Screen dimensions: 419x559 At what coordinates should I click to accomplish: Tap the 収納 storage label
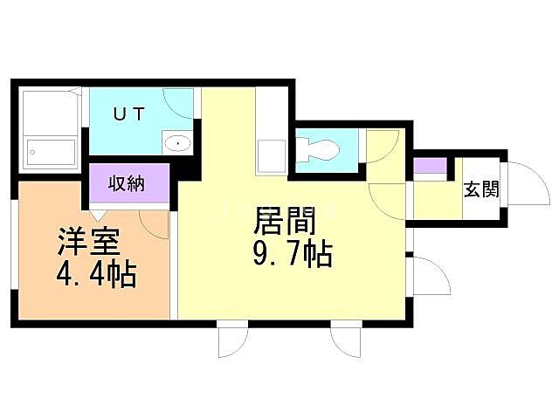pos(127,183)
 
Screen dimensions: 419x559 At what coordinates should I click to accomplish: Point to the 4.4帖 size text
pos(96,276)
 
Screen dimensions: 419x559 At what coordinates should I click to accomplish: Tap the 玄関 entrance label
pos(481,189)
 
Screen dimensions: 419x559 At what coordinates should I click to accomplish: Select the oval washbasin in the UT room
pos(178,141)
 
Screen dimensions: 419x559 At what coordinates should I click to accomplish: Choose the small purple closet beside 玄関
pos(428,166)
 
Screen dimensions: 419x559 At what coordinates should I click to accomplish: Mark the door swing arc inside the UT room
pos(180,103)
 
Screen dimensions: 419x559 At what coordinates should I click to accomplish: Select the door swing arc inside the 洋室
pos(154,223)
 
